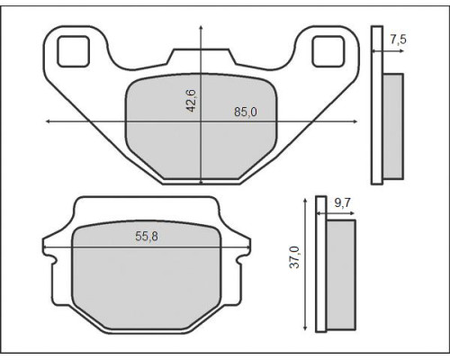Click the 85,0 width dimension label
pos(246,112)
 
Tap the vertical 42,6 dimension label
pos(191,101)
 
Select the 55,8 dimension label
pos(147,237)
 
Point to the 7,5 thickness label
pos(399,40)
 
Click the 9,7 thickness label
pos(342,203)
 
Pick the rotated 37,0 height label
pos(294,257)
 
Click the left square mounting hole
pos(74,51)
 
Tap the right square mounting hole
pos(328,51)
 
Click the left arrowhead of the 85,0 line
pos(48,121)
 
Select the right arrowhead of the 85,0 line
pos(355,121)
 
